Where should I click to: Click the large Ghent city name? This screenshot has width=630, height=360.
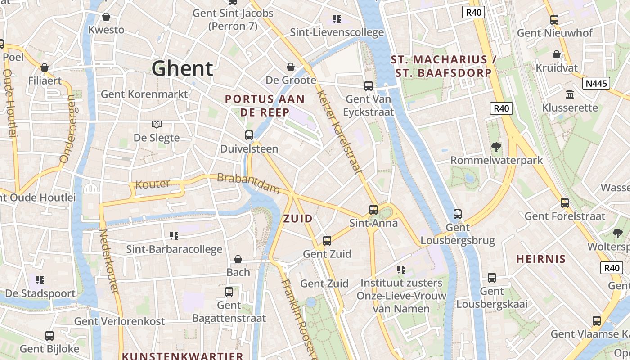tap(182, 69)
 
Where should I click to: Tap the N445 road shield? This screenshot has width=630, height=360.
tap(596, 83)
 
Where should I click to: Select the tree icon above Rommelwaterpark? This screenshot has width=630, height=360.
tap(496, 147)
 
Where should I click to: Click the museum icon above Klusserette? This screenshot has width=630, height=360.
tap(570, 94)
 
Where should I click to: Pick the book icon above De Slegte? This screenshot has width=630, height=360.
tap(156, 125)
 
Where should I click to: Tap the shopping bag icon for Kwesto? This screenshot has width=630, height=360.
tap(106, 17)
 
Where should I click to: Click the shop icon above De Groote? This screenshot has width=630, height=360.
tap(291, 67)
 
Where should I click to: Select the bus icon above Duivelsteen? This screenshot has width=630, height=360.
tap(249, 135)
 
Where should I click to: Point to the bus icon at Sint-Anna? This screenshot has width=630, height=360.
tap(373, 210)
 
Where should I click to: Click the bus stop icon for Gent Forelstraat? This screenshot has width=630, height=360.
tap(565, 203)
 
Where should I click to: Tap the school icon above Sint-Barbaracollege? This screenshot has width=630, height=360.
tap(174, 236)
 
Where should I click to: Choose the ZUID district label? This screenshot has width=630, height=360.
tap(298, 219)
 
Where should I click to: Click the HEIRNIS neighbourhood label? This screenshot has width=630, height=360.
tap(540, 259)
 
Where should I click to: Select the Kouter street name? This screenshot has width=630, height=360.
tap(153, 184)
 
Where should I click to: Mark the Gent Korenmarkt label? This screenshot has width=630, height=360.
tap(144, 94)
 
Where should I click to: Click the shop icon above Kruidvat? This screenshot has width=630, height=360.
tap(557, 55)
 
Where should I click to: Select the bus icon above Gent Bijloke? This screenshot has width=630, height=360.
tap(49, 336)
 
